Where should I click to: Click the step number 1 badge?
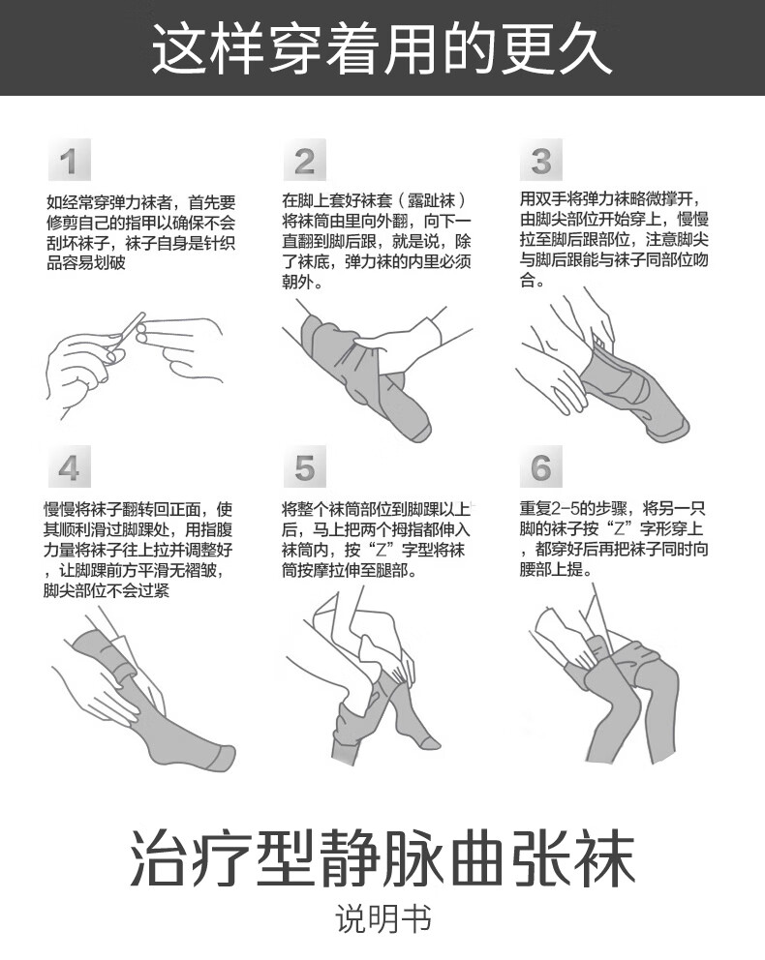(68, 161)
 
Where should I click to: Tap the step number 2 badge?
(304, 161)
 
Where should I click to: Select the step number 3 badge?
(541, 161)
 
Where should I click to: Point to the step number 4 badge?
(68, 468)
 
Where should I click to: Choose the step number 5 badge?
(304, 468)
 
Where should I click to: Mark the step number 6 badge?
(541, 468)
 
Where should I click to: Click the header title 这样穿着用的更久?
(382, 47)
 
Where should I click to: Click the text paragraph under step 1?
(140, 232)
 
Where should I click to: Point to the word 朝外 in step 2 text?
(298, 284)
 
